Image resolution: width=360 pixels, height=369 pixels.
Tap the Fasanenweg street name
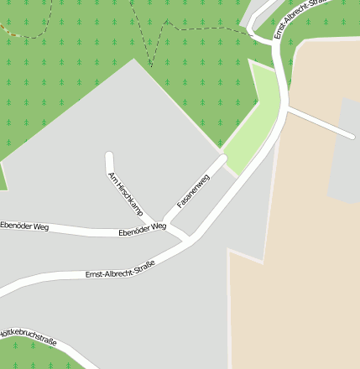pyautogui.click(x=193, y=191)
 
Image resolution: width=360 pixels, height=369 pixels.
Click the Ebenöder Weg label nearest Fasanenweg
pyautogui.click(x=143, y=229)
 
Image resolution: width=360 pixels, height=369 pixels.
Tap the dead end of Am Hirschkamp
pyautogui.click(x=109, y=155)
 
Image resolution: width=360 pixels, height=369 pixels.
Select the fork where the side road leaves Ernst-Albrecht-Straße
pyautogui.click(x=287, y=108)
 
